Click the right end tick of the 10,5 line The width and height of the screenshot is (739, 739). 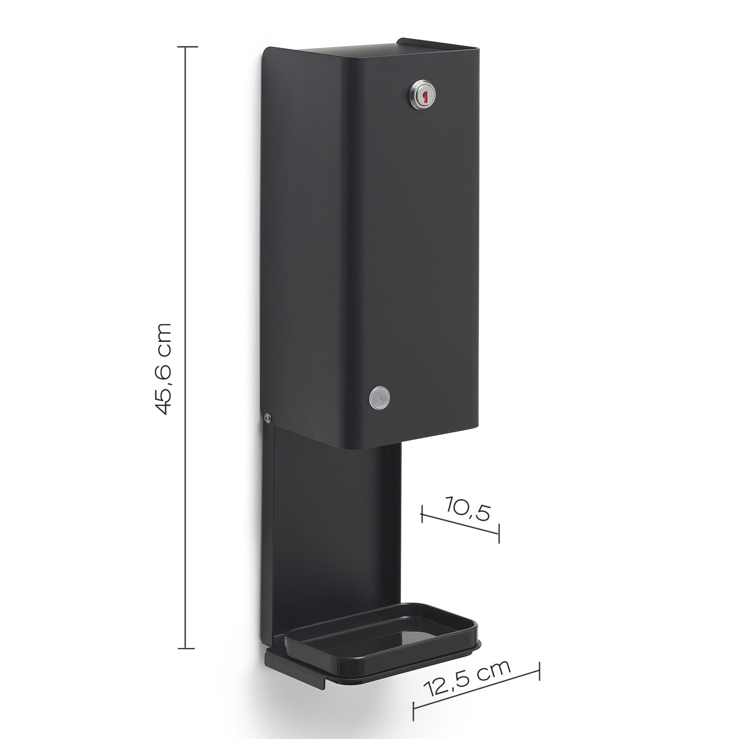click(x=499, y=533)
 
